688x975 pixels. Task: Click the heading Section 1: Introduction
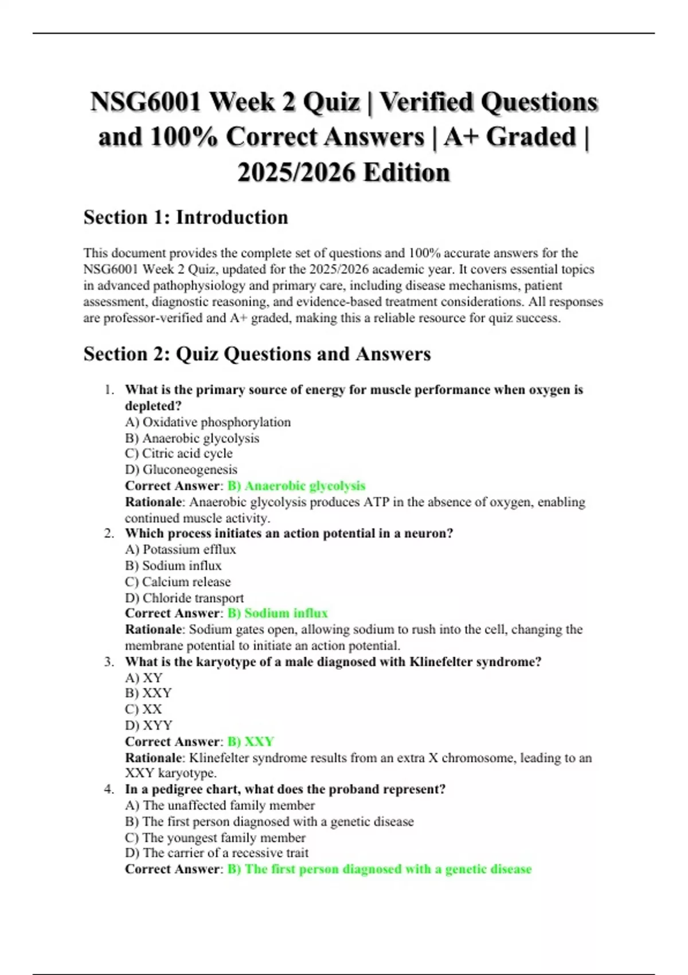(x=185, y=217)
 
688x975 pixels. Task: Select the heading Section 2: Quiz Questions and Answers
(x=257, y=354)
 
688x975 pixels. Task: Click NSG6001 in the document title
(x=146, y=102)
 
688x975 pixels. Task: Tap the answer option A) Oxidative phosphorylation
(x=208, y=422)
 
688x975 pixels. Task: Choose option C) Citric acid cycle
(x=178, y=454)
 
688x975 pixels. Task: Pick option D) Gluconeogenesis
(x=181, y=470)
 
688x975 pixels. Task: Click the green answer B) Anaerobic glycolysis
(x=296, y=486)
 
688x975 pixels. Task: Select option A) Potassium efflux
(x=180, y=549)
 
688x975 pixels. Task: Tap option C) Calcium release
(x=178, y=582)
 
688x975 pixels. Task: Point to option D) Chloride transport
(x=184, y=598)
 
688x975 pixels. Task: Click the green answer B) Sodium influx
(x=277, y=613)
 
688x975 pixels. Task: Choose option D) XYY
(x=148, y=726)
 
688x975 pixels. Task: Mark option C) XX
(x=143, y=709)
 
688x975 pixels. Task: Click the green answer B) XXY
(x=251, y=742)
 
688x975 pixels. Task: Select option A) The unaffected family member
(x=220, y=805)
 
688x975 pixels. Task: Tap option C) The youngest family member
(x=215, y=837)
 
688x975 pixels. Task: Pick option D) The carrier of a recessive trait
(x=216, y=853)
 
